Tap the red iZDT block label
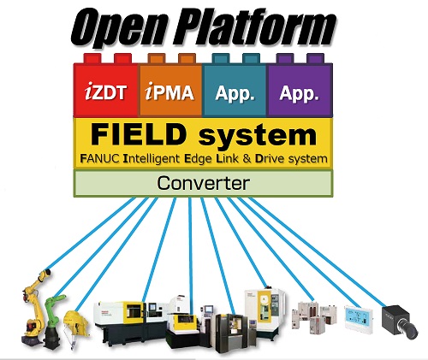105,91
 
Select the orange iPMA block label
169,91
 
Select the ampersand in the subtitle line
247,158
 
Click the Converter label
204,183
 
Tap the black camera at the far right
400,322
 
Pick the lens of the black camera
410,330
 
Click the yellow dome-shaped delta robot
76,325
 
